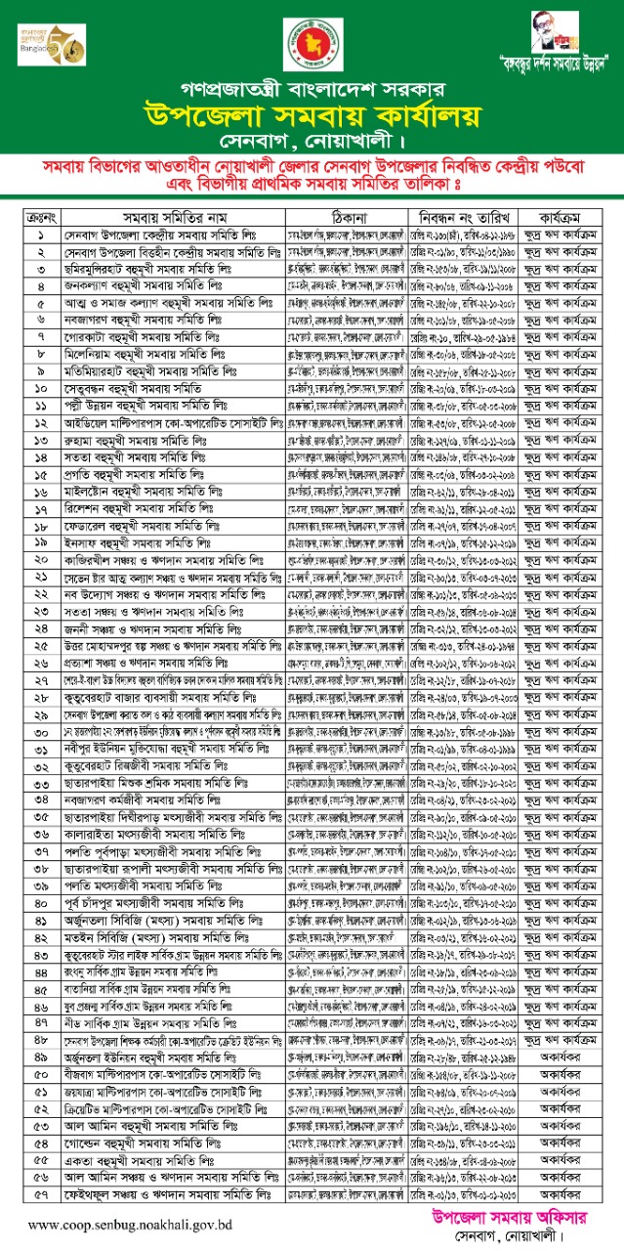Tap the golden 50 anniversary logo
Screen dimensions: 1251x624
pyautogui.click(x=46, y=45)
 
